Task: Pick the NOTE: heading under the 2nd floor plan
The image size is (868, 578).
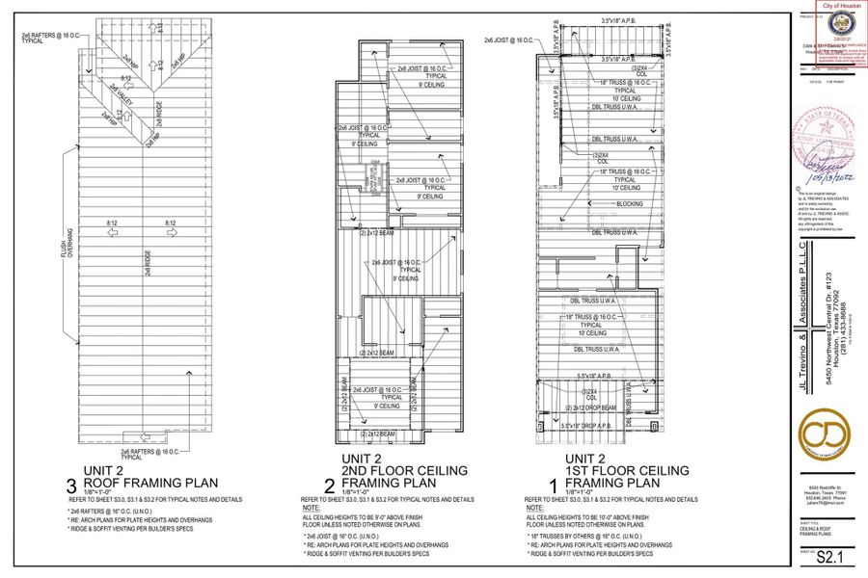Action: [311, 507]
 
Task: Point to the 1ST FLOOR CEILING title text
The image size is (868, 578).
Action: [627, 470]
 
